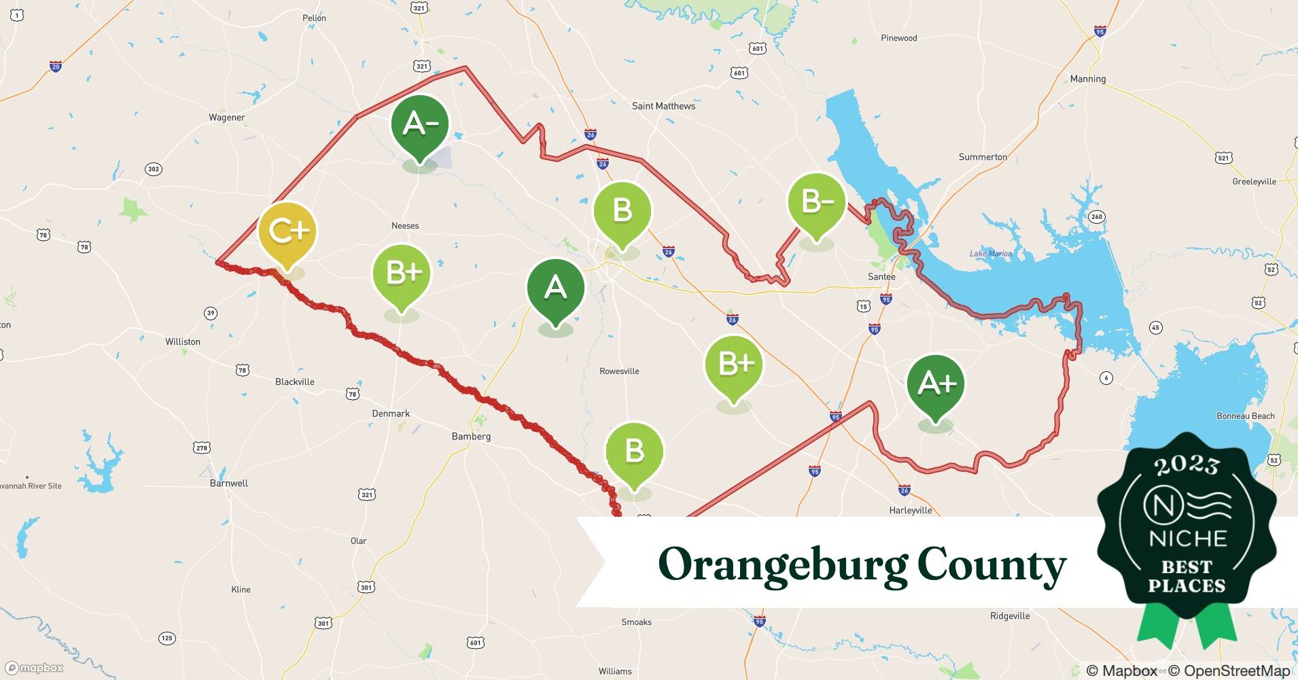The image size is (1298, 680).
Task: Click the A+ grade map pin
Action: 935,384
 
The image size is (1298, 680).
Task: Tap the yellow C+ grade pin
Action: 287,232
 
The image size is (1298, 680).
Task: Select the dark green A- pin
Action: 420,124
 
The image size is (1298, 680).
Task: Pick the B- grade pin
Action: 816,202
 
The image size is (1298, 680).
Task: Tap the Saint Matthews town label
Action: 663,106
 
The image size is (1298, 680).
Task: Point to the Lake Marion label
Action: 990,254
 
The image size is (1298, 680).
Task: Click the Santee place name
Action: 881,277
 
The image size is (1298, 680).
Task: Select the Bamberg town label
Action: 471,437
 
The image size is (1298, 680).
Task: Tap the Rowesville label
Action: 619,371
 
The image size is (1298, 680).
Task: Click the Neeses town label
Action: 405,226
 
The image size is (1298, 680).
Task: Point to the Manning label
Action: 1087,79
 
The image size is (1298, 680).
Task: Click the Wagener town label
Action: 226,118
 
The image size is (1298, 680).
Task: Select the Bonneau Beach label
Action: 1245,416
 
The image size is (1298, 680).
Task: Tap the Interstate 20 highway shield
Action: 56,66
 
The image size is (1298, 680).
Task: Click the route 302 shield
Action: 154,169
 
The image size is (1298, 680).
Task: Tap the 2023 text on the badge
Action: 1187,464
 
